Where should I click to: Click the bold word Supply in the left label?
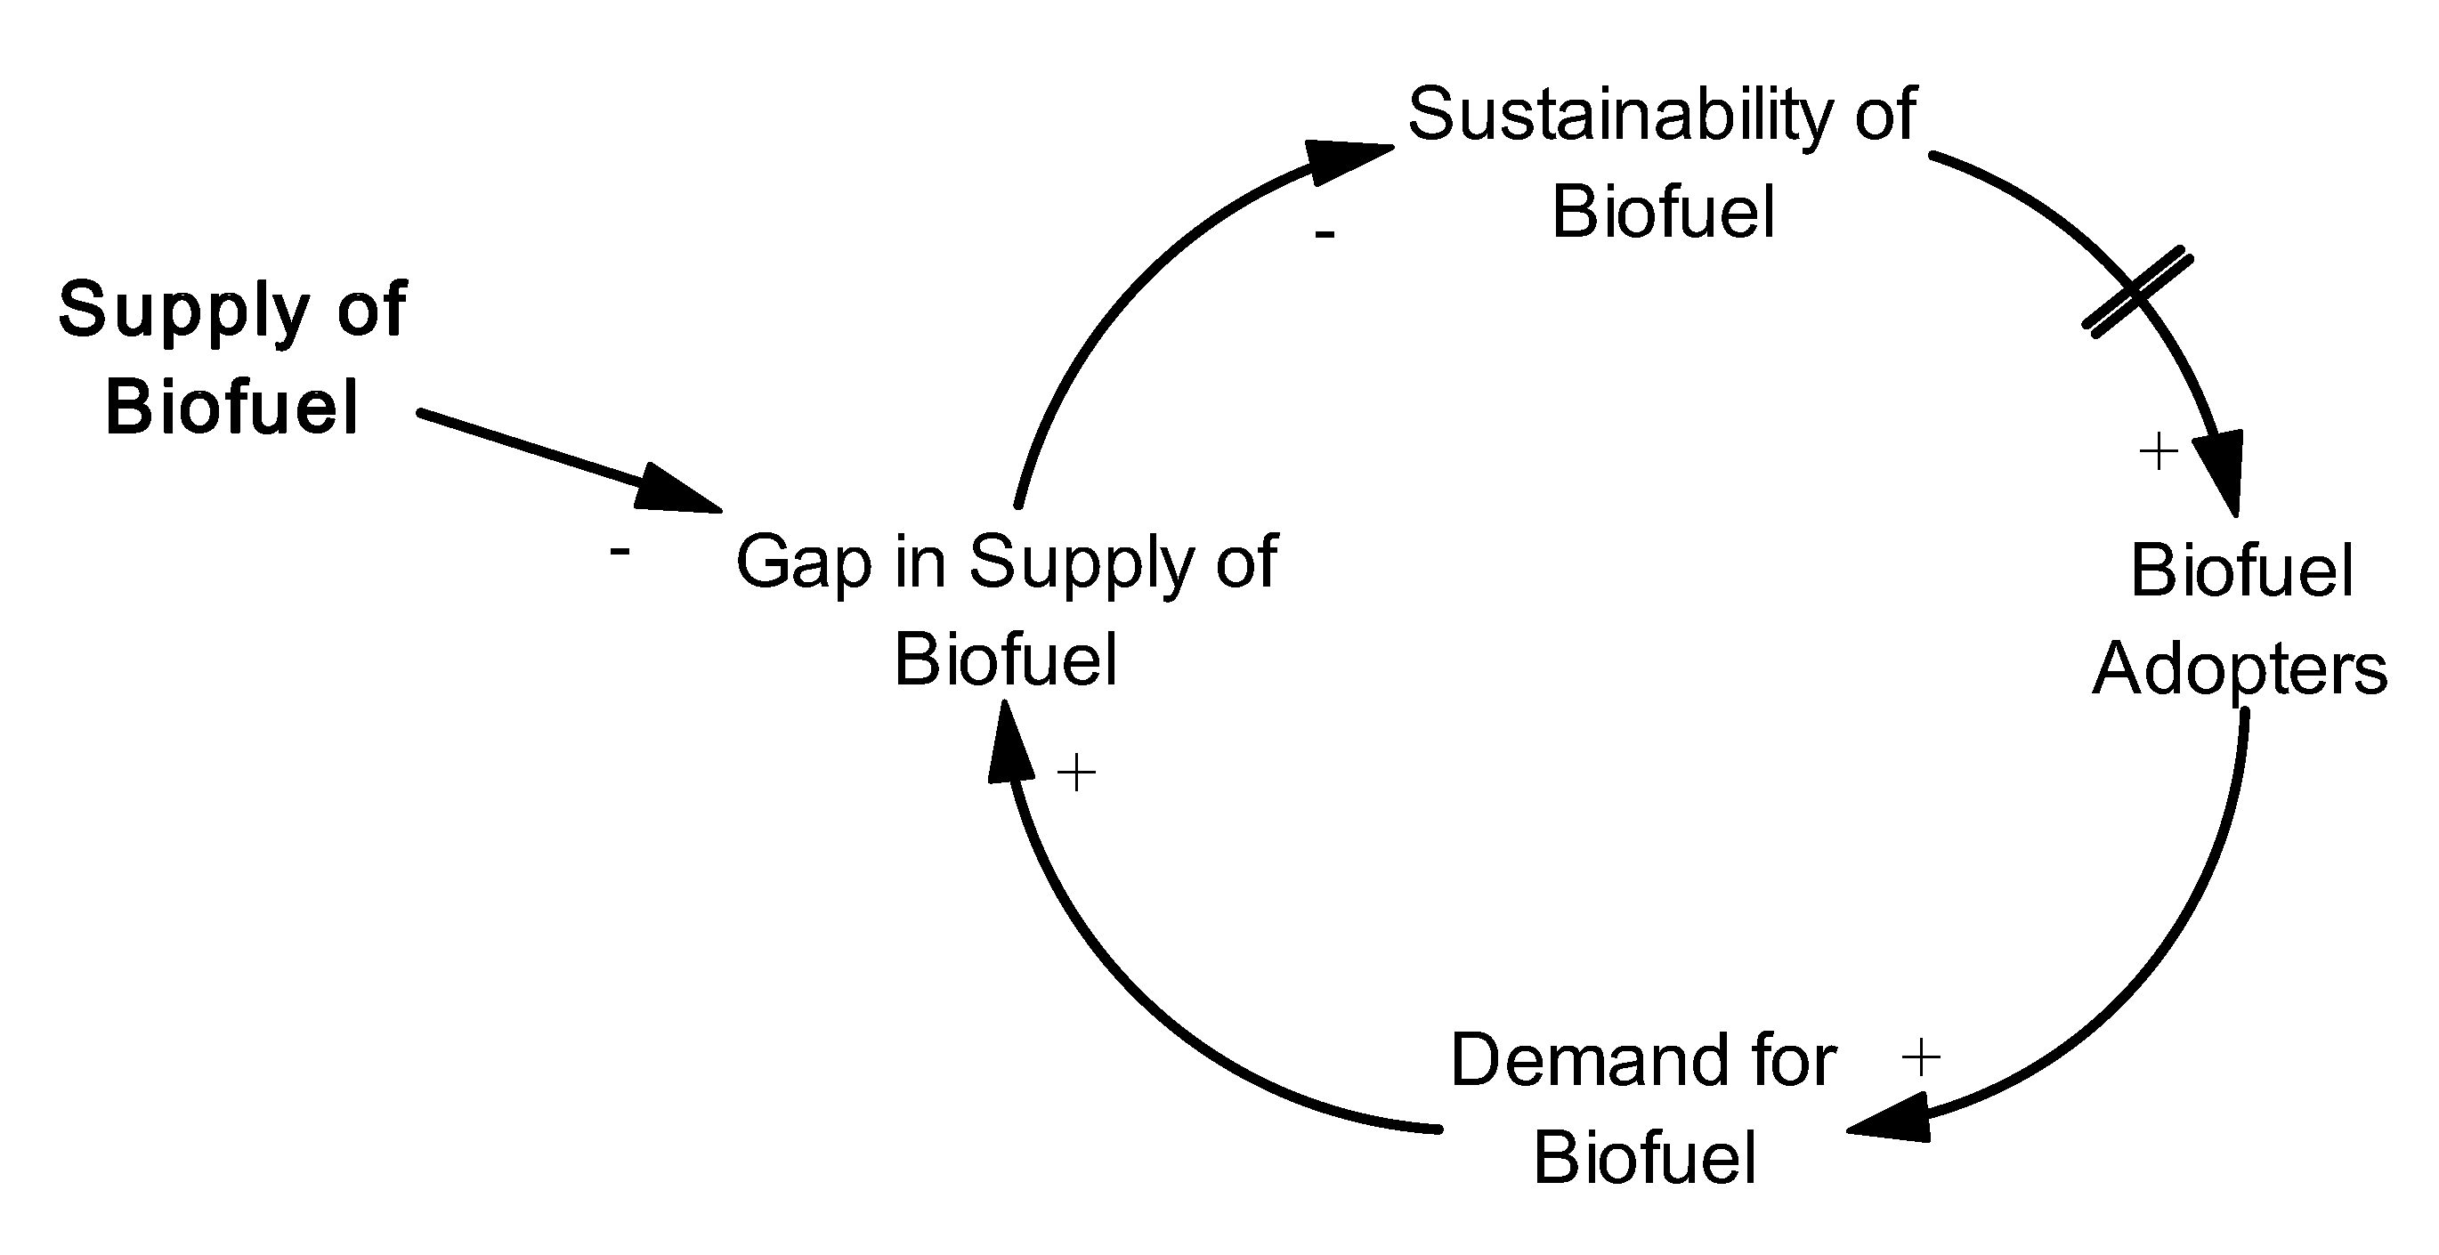click(x=183, y=311)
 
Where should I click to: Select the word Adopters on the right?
click(x=2240, y=670)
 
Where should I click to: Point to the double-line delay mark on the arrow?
click(x=2137, y=292)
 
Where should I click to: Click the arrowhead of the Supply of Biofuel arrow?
click(x=677, y=490)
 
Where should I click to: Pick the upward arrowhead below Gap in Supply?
click(x=1009, y=744)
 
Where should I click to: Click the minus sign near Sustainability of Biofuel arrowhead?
click(x=1324, y=234)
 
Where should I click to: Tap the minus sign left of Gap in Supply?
click(x=620, y=550)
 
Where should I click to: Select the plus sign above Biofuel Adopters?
click(x=2159, y=451)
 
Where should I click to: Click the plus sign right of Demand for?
click(x=1921, y=1057)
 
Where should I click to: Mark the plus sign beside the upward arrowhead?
click(x=1076, y=773)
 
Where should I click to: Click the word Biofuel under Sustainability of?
click(x=1663, y=212)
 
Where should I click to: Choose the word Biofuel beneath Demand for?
click(x=1645, y=1157)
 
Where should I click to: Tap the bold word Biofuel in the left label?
click(x=232, y=408)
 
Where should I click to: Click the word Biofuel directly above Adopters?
click(x=2241, y=571)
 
